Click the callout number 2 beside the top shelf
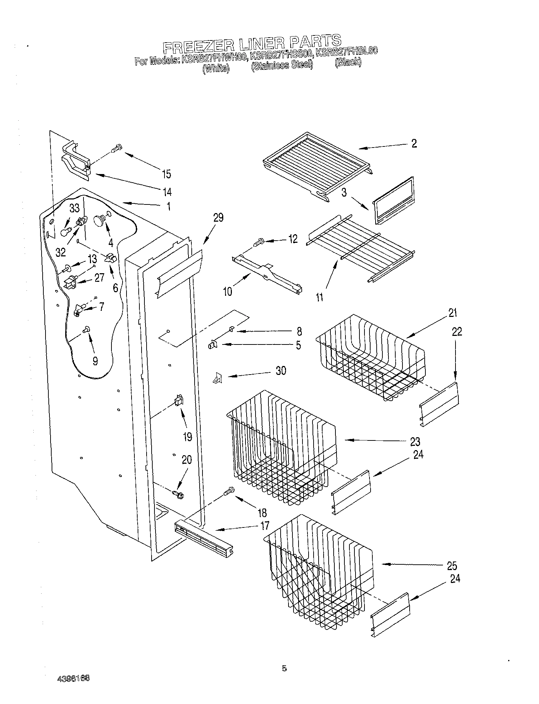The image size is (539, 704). [414, 144]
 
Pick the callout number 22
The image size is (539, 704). [457, 332]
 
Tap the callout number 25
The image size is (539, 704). [452, 566]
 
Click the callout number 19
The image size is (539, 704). [187, 437]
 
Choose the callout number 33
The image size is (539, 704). [74, 208]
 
